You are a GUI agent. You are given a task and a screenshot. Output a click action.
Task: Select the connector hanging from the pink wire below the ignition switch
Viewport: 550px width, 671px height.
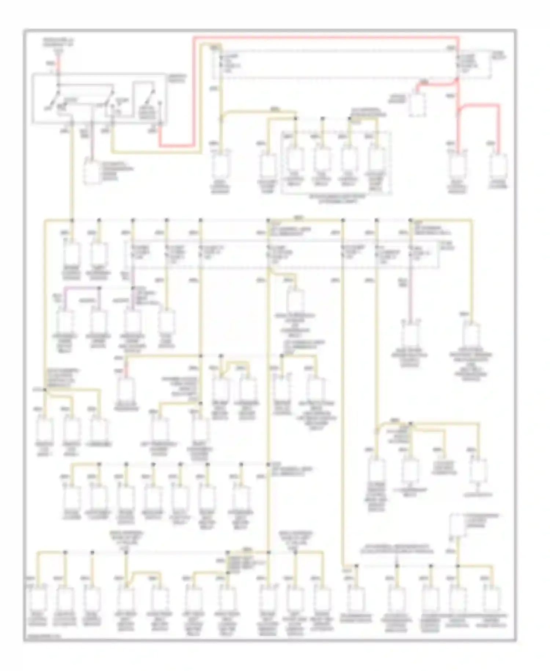pos(91,171)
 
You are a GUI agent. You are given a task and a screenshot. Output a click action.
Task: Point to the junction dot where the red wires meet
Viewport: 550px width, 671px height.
pos(458,79)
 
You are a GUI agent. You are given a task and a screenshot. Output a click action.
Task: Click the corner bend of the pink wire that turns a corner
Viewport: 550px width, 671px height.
pos(66,290)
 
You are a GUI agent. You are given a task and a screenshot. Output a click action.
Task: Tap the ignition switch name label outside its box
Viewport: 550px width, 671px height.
pos(176,78)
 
